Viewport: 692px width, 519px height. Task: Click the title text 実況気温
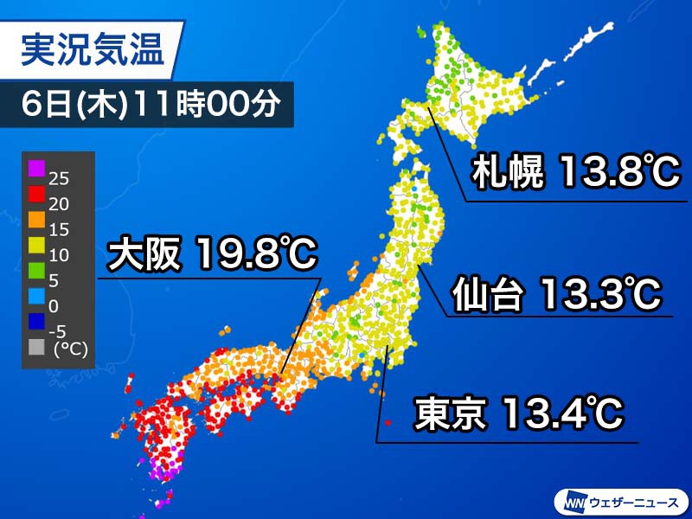92,50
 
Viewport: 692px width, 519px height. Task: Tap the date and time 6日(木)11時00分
150,104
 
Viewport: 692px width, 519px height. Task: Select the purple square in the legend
36,168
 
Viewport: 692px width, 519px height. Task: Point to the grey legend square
36,348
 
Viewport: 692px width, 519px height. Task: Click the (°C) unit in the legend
70,350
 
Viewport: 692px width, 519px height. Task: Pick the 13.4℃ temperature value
557,413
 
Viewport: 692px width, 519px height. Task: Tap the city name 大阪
143,255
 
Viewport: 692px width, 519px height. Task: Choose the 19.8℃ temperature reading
256,255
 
